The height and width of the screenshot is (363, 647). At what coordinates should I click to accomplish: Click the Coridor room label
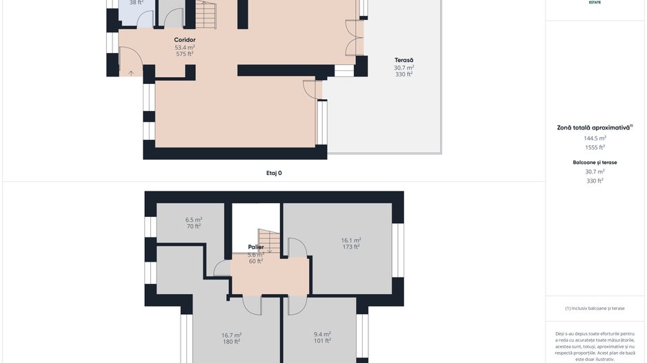(x=184, y=40)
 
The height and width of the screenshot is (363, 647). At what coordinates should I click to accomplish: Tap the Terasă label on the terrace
(x=404, y=60)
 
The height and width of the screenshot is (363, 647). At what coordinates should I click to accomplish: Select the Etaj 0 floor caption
(x=274, y=173)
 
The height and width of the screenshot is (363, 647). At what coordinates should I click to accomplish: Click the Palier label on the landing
(x=256, y=247)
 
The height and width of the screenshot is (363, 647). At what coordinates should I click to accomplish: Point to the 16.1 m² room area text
(x=351, y=240)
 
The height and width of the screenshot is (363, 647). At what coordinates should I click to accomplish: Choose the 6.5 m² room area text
(x=193, y=220)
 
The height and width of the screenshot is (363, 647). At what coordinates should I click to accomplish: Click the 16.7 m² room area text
(x=230, y=335)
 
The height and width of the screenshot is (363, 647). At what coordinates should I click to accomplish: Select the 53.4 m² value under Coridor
(x=184, y=47)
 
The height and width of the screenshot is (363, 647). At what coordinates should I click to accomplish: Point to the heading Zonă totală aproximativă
(x=594, y=127)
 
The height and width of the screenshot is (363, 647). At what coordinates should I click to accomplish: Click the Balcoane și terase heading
(x=594, y=163)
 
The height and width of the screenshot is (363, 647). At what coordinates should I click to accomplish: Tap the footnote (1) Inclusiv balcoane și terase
(x=594, y=308)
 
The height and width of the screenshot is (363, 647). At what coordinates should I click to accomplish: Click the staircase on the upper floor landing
(x=269, y=240)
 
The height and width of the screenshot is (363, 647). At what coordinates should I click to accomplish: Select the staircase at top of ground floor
(x=205, y=12)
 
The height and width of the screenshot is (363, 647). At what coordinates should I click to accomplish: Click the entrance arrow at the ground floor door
(x=131, y=72)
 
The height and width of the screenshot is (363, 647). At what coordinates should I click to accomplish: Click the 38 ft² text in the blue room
(x=136, y=3)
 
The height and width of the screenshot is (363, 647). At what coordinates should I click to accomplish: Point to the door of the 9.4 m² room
(x=297, y=305)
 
